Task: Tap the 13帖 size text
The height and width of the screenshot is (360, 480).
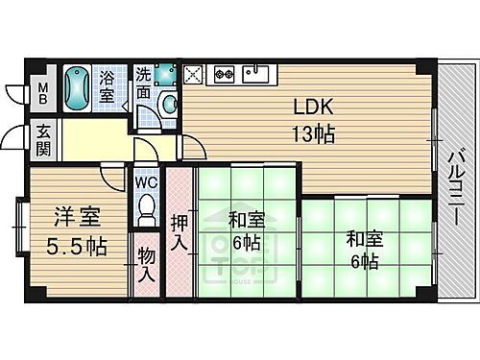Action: (x=314, y=135)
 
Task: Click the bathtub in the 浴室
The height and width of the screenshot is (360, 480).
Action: (x=80, y=88)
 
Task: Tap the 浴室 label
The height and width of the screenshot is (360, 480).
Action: (x=109, y=86)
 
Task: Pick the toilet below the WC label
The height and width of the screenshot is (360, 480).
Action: (x=147, y=208)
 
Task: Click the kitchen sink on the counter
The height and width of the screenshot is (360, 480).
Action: (x=255, y=72)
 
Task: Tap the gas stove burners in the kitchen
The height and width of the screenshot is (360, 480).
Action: (x=225, y=72)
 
